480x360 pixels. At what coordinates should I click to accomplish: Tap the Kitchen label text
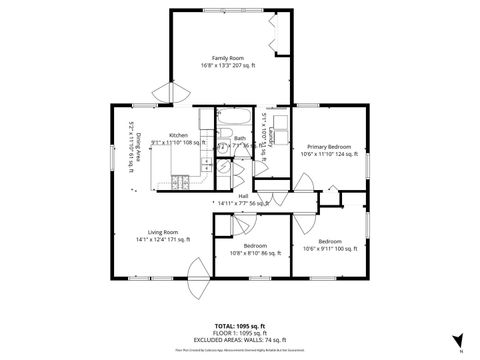[x=178, y=135]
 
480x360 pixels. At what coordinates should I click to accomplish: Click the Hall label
[x=243, y=196]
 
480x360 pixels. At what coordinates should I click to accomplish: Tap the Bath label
[x=240, y=139]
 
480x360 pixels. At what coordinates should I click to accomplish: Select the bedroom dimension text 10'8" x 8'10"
[x=256, y=254]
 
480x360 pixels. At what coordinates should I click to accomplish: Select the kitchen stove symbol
[x=181, y=182]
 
